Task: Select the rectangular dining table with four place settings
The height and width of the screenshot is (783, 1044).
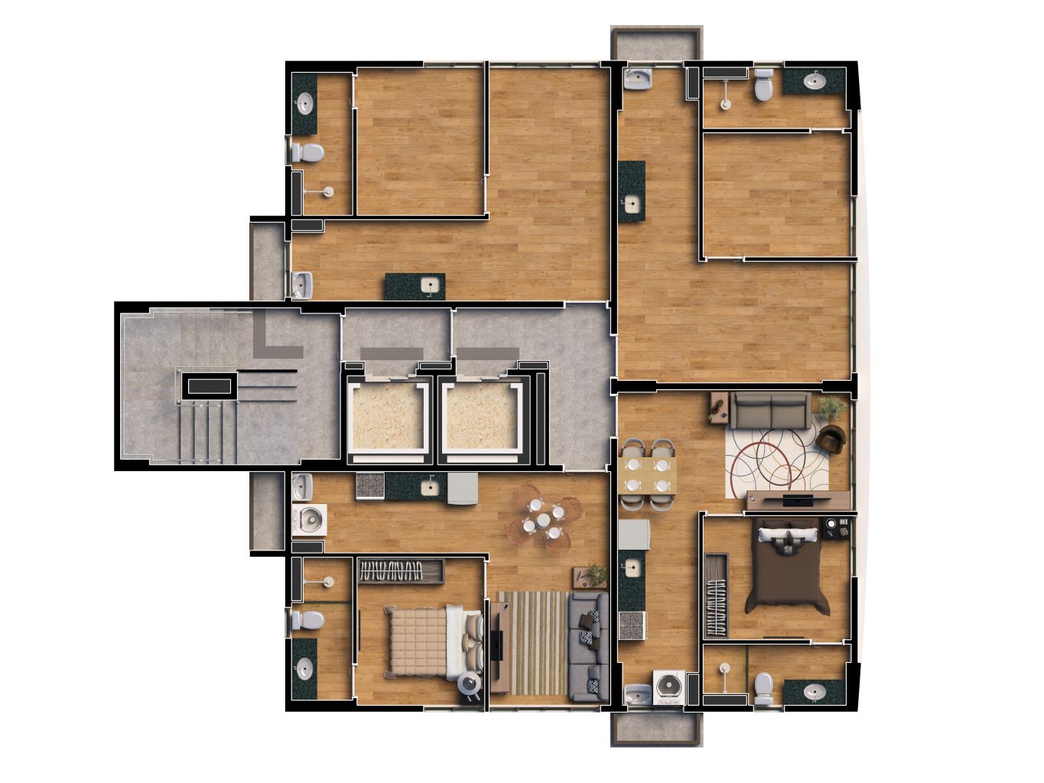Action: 648,474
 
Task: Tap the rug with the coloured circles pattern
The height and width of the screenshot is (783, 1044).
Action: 776,459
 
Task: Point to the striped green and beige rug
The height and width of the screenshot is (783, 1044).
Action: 531,642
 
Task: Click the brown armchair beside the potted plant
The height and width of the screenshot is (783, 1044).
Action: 831,439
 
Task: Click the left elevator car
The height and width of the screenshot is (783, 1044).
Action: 386,420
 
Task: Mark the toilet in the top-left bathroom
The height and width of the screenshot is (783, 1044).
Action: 307,152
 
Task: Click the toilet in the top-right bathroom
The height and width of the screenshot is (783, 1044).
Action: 763,86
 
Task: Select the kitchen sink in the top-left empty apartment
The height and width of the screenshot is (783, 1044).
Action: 430,286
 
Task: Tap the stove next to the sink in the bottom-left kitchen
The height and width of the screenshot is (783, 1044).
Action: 371,486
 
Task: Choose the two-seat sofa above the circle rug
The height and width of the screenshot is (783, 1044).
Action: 770,411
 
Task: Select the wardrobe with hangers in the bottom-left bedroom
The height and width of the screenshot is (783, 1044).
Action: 402,570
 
